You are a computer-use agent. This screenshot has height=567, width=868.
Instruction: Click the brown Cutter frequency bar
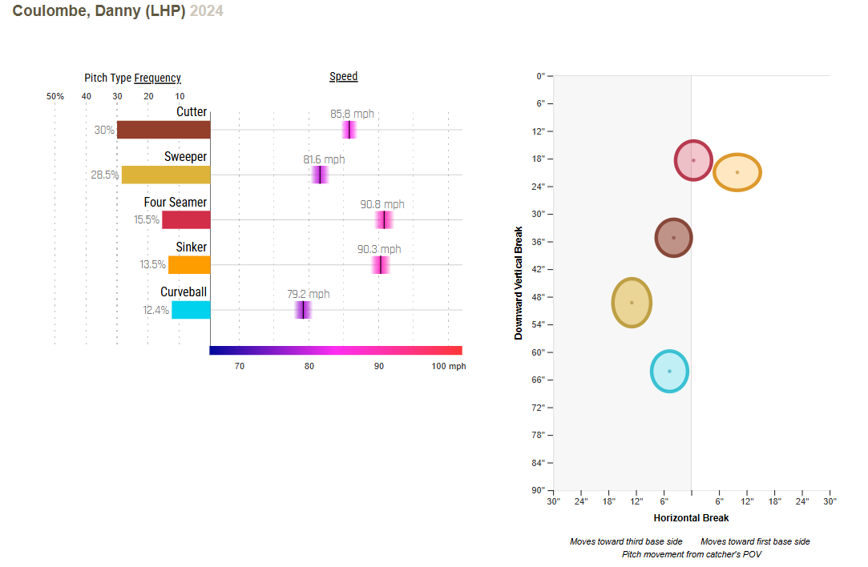pyautogui.click(x=164, y=130)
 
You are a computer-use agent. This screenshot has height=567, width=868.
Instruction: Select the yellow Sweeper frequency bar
pyautogui.click(x=166, y=175)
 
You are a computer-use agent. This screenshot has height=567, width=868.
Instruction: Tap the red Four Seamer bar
pyautogui.click(x=186, y=219)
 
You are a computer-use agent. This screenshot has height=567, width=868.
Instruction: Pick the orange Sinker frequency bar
pyautogui.click(x=189, y=264)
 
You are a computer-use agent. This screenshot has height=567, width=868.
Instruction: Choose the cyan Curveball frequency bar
pyautogui.click(x=191, y=309)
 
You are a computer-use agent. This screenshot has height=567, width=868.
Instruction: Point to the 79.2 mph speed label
pyautogui.click(x=309, y=294)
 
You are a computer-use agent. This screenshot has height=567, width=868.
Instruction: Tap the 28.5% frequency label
pyautogui.click(x=105, y=175)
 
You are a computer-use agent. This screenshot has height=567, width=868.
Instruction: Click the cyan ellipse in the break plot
pyautogui.click(x=669, y=371)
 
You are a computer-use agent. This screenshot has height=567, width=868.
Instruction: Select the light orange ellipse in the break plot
pyautogui.click(x=737, y=172)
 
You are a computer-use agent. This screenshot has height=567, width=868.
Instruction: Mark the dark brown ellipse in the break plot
pyautogui.click(x=673, y=237)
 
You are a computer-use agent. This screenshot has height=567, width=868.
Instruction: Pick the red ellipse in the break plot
pyautogui.click(x=693, y=160)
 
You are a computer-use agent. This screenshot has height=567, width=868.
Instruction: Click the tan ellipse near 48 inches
pyautogui.click(x=632, y=303)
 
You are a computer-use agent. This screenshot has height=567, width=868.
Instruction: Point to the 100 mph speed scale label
pyautogui.click(x=449, y=366)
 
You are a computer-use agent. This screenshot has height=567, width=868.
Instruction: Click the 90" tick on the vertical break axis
pyautogui.click(x=540, y=490)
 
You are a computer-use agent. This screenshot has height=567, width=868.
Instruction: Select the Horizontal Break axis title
pyautogui.click(x=691, y=518)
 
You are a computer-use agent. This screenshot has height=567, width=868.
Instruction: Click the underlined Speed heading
pyautogui.click(x=343, y=77)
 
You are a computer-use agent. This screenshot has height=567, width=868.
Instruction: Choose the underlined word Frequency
pyautogui.click(x=157, y=78)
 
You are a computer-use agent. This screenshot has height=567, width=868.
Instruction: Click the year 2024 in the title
pyautogui.click(x=207, y=11)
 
